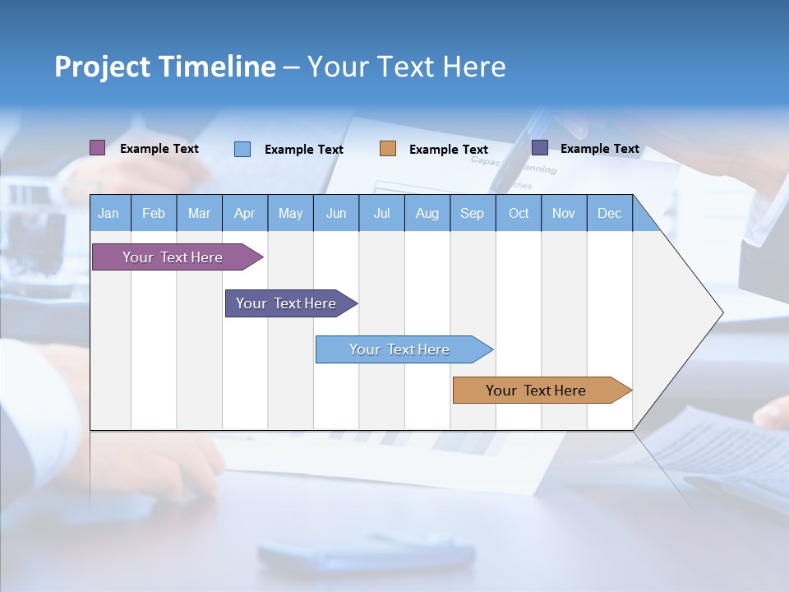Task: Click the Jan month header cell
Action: pyautogui.click(x=109, y=213)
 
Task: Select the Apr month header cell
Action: pyautogui.click(x=245, y=213)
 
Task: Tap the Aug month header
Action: pyautogui.click(x=427, y=213)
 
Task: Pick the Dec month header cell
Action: pyautogui.click(x=609, y=213)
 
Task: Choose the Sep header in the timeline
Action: pyautogui.click(x=473, y=213)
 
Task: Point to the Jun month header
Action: pyautogui.click(x=336, y=213)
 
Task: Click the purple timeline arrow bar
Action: pyautogui.click(x=173, y=257)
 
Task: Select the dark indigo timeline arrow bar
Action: pyautogui.click(x=286, y=303)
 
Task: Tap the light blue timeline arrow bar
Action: pyautogui.click(x=399, y=349)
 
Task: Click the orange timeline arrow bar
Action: pyautogui.click(x=536, y=391)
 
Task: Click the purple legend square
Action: pyautogui.click(x=97, y=148)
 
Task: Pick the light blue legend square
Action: pyautogui.click(x=242, y=149)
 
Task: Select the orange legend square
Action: pyautogui.click(x=388, y=149)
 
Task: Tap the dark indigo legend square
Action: pyautogui.click(x=540, y=148)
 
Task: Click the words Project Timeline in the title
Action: pyautogui.click(x=164, y=67)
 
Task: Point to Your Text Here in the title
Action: pyautogui.click(x=406, y=67)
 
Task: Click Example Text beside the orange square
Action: pyautogui.click(x=448, y=150)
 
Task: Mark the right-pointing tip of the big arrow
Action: pyautogui.click(x=721, y=312)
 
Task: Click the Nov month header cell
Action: pyautogui.click(x=564, y=213)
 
